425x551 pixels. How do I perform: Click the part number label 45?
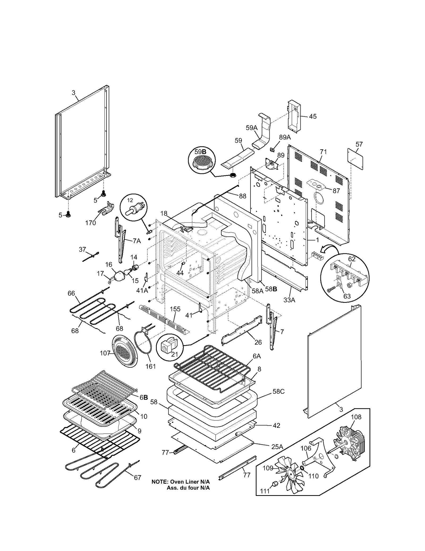pyautogui.click(x=313, y=116)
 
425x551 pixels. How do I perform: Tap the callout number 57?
pyautogui.click(x=359, y=144)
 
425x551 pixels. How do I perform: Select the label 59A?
pyautogui.click(x=252, y=128)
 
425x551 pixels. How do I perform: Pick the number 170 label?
pyautogui.click(x=90, y=223)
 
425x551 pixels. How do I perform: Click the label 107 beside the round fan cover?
pyautogui.click(x=105, y=353)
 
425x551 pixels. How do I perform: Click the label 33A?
pyautogui.click(x=289, y=300)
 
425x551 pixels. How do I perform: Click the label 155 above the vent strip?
pyautogui.click(x=175, y=309)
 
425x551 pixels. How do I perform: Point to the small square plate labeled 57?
pyautogui.click(x=355, y=159)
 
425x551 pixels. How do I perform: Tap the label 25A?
pyautogui.click(x=277, y=447)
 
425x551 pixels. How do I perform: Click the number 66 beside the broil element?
pyautogui.click(x=71, y=293)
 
